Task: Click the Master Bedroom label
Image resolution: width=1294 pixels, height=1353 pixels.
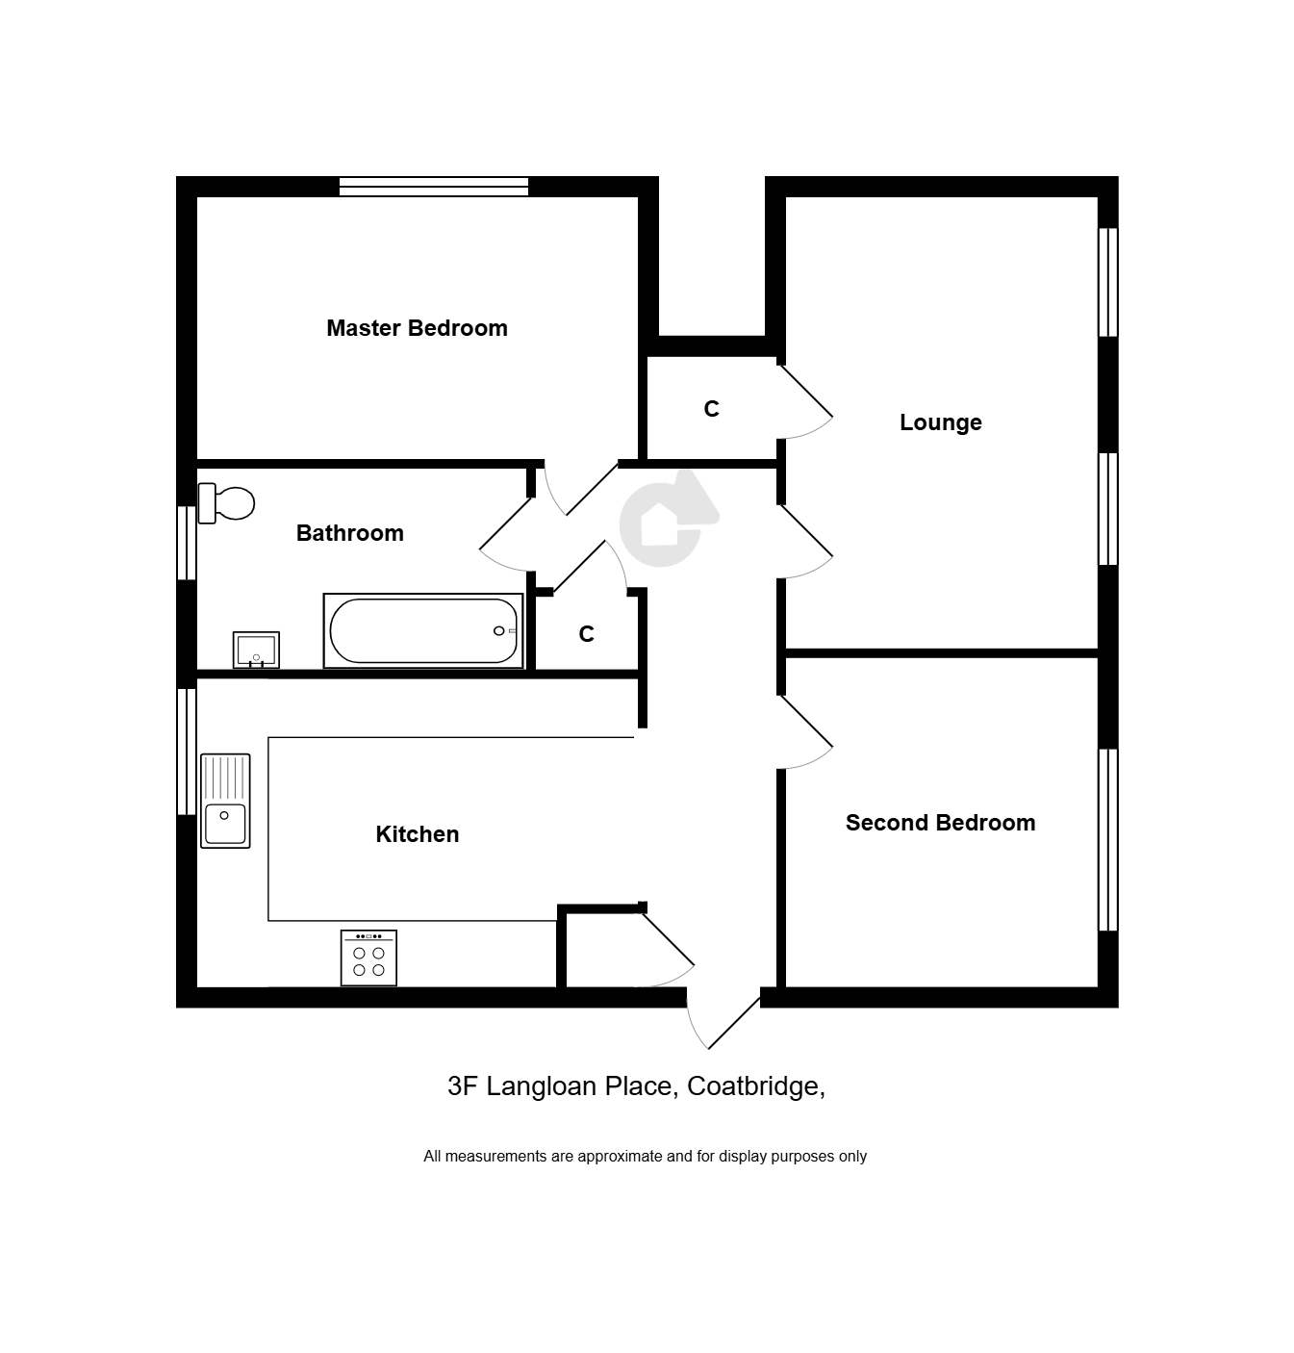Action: (417, 328)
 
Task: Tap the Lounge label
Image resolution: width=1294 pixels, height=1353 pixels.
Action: (940, 422)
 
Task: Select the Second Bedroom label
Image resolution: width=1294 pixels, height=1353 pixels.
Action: (940, 823)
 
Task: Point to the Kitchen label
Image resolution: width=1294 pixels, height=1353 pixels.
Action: (417, 834)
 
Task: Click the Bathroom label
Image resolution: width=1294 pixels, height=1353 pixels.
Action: (349, 533)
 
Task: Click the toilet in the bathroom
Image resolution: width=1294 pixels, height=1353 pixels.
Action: (226, 502)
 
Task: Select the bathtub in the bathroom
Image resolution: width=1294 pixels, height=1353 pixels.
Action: (423, 630)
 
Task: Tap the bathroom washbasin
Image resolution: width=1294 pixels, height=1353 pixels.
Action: (256, 651)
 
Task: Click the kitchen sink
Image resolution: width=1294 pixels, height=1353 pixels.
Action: (225, 801)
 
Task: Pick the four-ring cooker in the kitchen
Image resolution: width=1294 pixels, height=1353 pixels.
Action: (368, 957)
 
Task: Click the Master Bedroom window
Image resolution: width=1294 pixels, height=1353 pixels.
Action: (434, 187)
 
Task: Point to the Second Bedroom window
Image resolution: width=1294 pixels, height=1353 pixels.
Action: (1107, 839)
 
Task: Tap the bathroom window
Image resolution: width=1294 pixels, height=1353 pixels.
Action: (187, 543)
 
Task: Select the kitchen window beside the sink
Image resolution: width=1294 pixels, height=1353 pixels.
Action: (187, 752)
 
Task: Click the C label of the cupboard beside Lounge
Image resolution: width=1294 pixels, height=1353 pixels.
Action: (711, 409)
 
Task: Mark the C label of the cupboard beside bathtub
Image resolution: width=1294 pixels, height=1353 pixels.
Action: (586, 634)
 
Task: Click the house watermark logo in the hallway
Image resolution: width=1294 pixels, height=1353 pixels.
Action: (667, 519)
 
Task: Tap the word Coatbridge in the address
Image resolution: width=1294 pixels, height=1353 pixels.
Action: (756, 1086)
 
